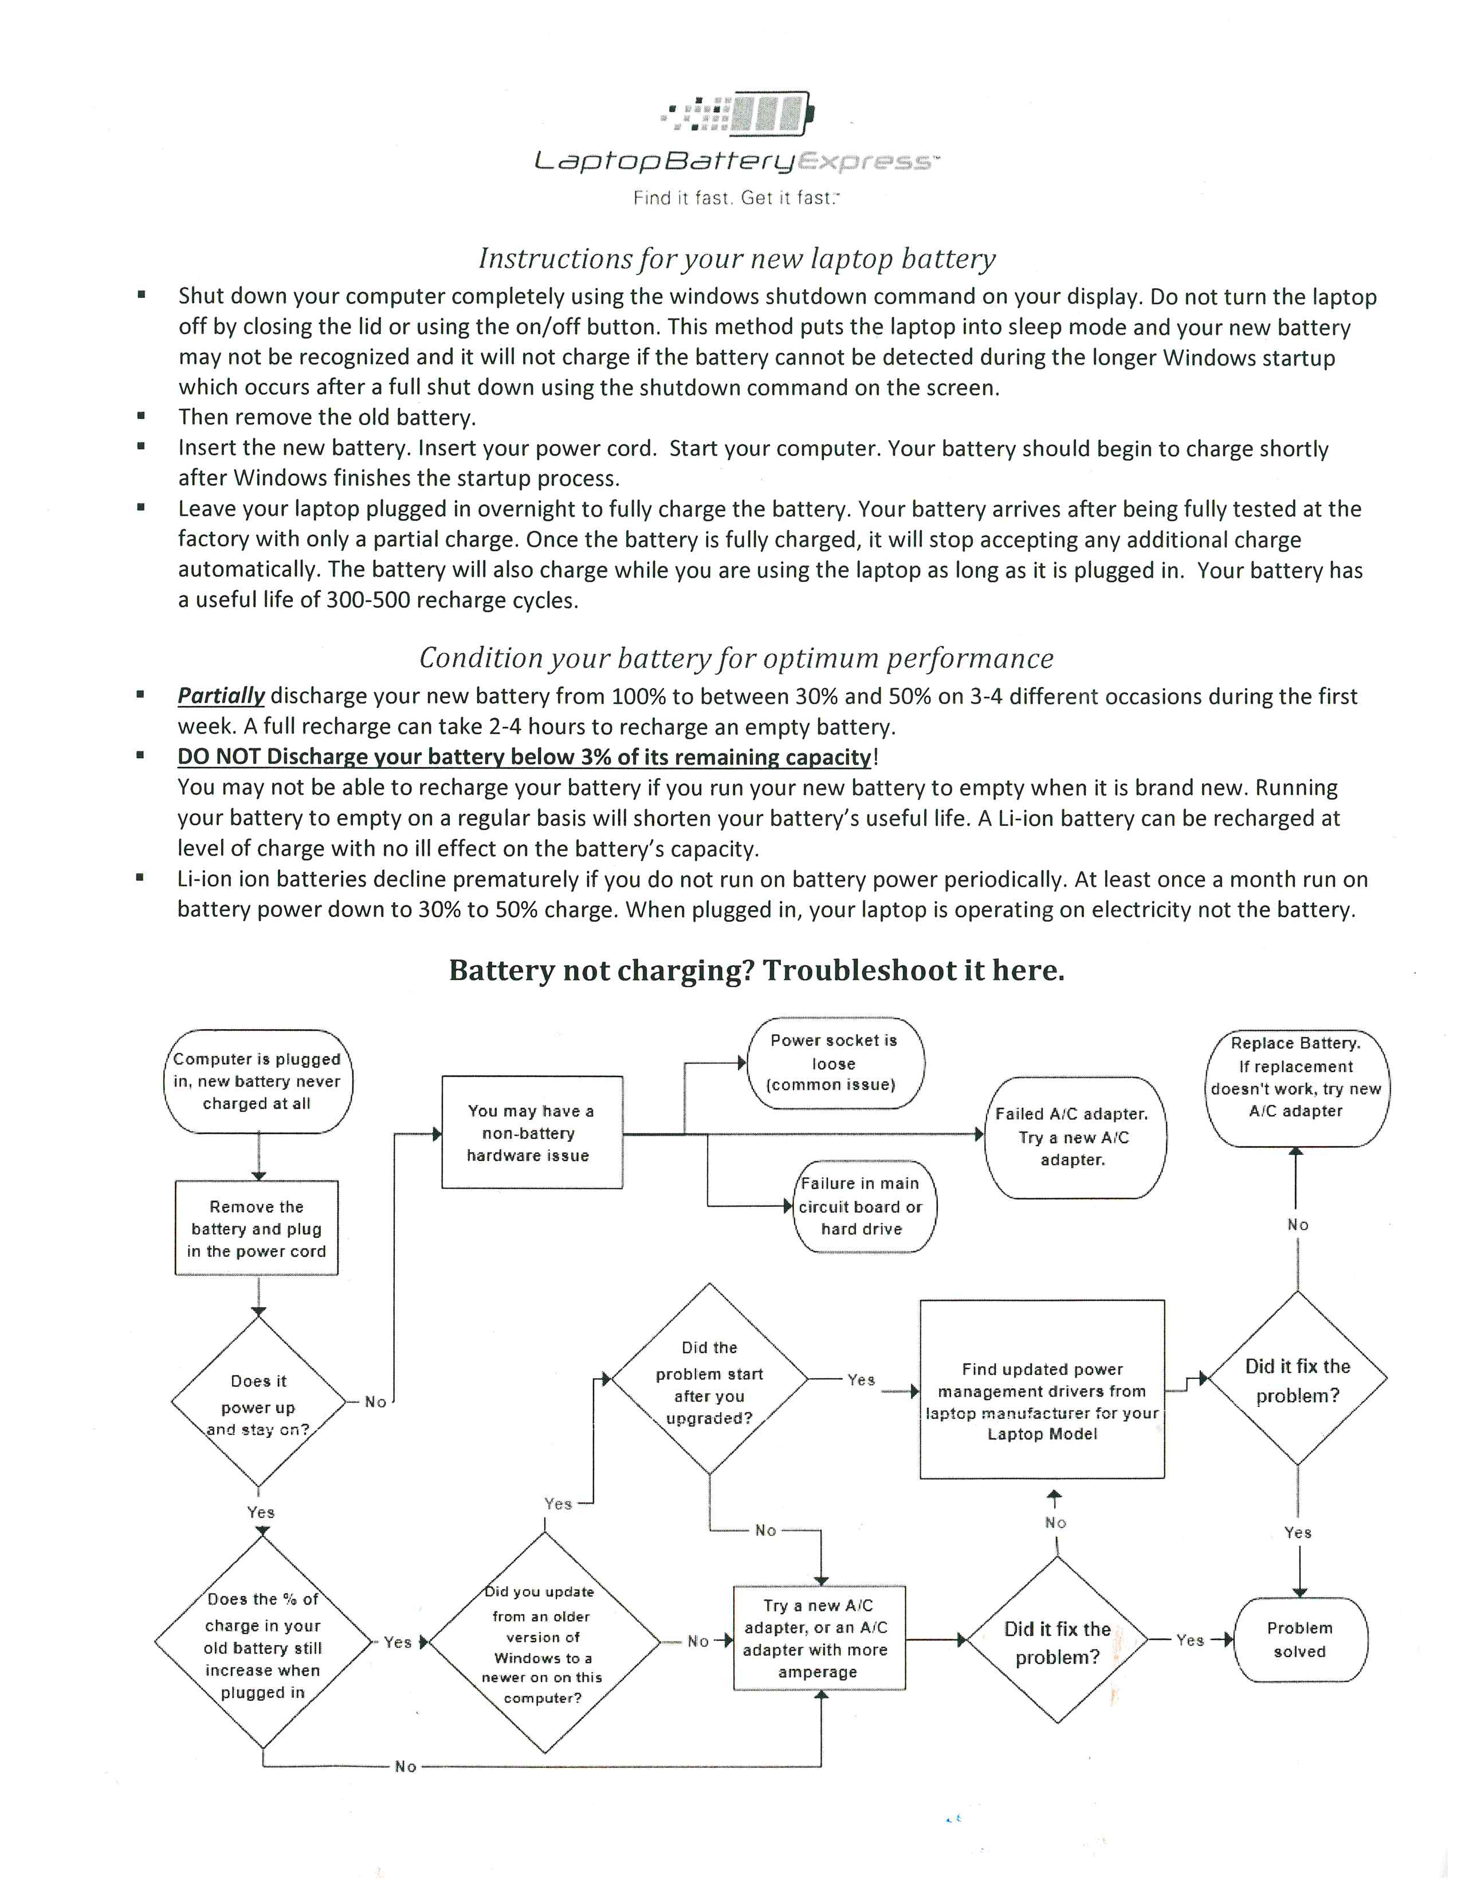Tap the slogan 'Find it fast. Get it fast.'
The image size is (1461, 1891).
click(x=736, y=198)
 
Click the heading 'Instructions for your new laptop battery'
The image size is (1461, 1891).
click(x=737, y=258)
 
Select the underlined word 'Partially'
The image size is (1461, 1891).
click(x=221, y=696)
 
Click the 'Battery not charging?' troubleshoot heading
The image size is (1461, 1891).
click(x=756, y=970)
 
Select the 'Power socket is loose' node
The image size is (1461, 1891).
click(x=834, y=1062)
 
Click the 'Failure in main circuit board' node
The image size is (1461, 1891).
click(x=862, y=1206)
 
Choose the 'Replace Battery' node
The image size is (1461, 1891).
click(x=1295, y=1088)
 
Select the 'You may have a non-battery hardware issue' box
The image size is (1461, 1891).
click(x=532, y=1132)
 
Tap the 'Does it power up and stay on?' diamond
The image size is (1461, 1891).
click(x=258, y=1403)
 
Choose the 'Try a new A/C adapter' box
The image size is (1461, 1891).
click(x=819, y=1638)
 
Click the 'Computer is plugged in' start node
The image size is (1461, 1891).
click(x=258, y=1081)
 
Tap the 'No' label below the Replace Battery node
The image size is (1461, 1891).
click(x=1297, y=1225)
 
